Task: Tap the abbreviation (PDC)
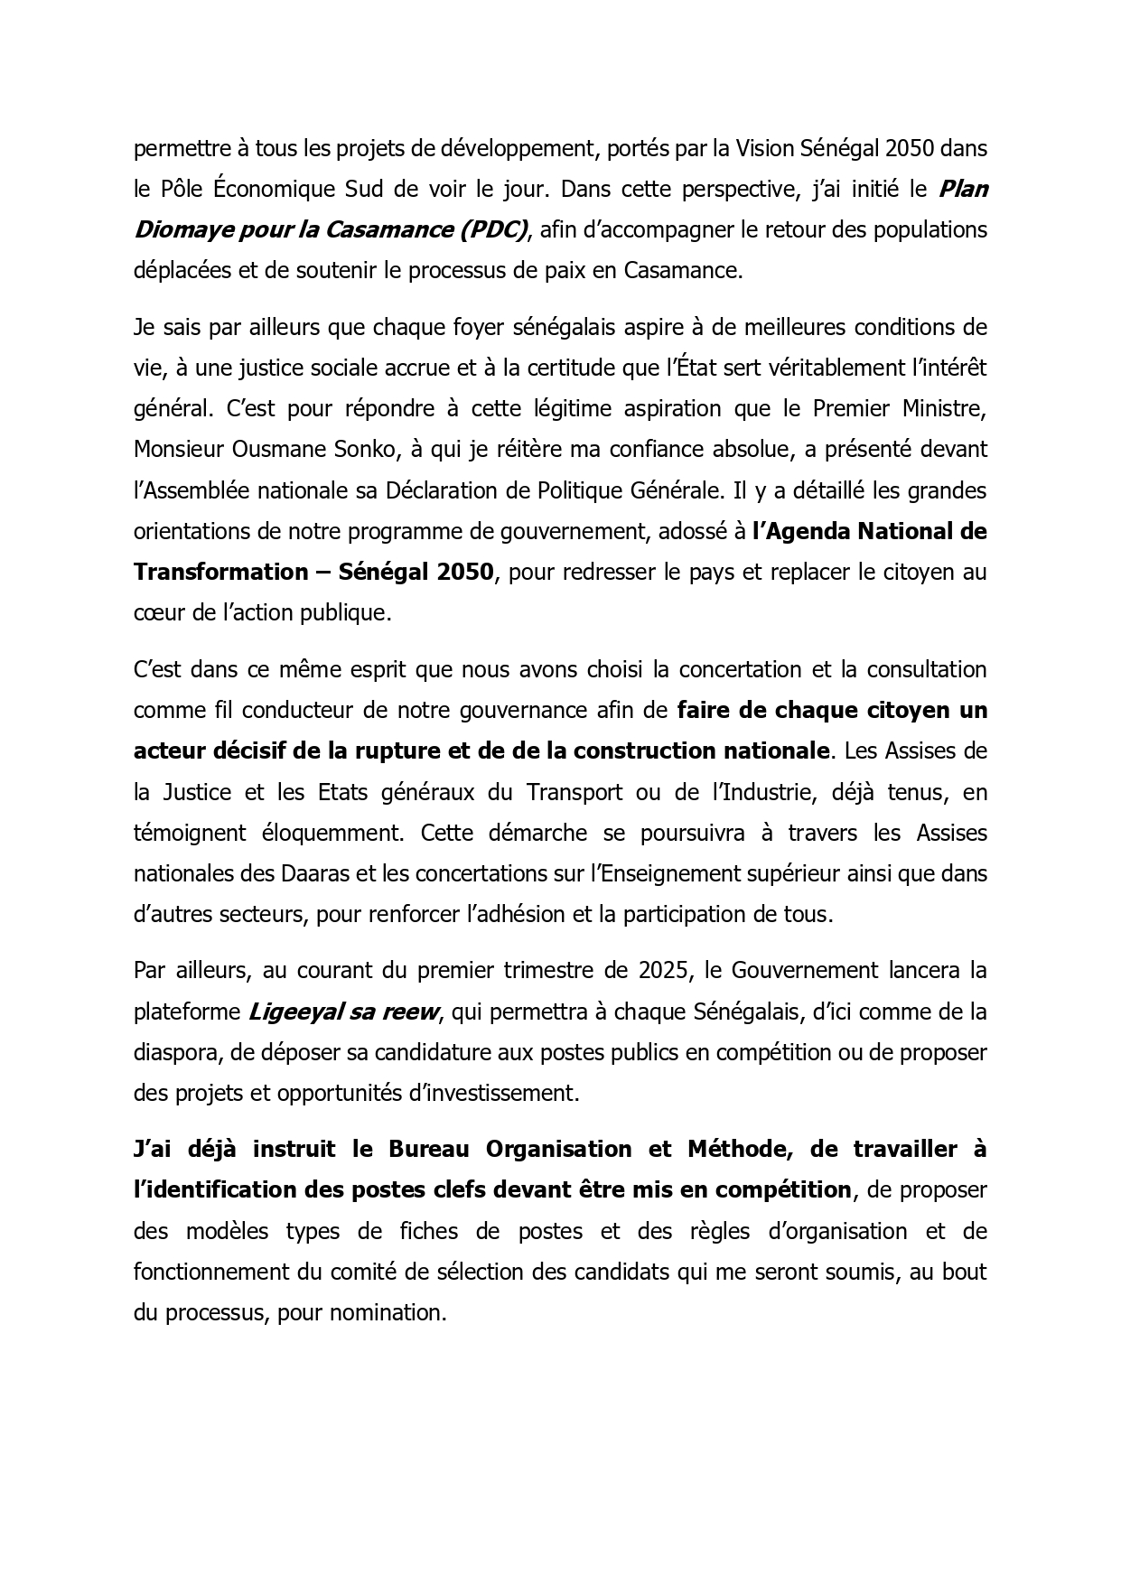492,229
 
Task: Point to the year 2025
664,970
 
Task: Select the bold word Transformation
221,572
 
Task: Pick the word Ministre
944,408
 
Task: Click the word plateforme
186,1012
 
